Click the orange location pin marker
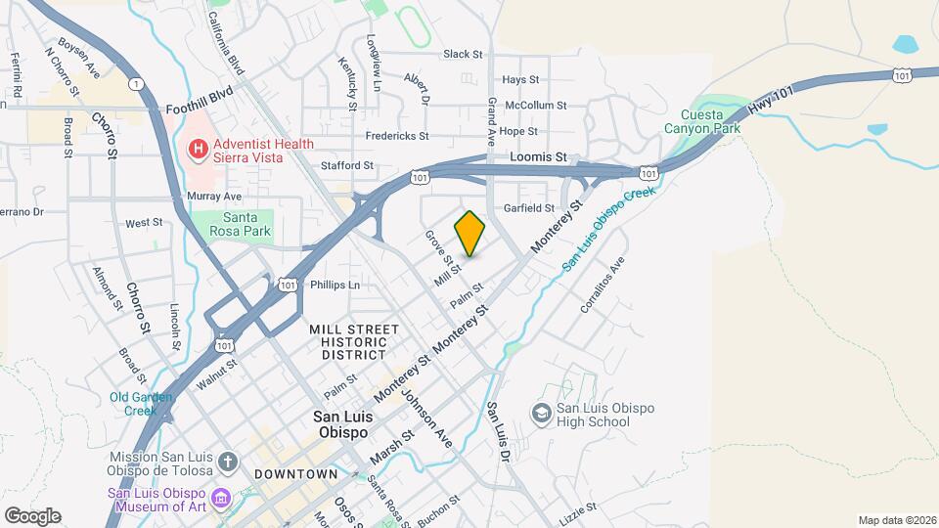pyautogui.click(x=470, y=234)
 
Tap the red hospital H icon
pyautogui.click(x=197, y=150)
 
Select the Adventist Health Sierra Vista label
pyautogui.click(x=258, y=151)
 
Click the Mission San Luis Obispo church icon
pyautogui.click(x=227, y=461)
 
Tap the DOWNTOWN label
pyautogui.click(x=294, y=474)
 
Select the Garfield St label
pyautogui.click(x=528, y=208)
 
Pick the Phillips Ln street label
pyautogui.click(x=335, y=286)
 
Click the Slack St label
pyautogui.click(x=463, y=55)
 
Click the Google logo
pyautogui.click(x=32, y=516)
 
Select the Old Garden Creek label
pyautogui.click(x=141, y=403)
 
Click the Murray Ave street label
pyautogui.click(x=213, y=197)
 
